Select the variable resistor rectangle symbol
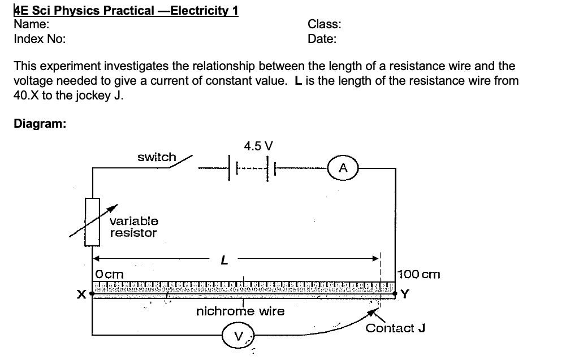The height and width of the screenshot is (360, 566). click(92, 222)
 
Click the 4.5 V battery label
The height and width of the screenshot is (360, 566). click(258, 146)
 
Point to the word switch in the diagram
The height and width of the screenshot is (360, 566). click(157, 157)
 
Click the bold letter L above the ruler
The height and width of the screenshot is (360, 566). click(224, 261)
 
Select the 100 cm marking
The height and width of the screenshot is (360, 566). click(419, 275)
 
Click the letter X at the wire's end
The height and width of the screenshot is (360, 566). click(81, 294)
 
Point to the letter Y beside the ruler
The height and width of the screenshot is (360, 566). click(405, 294)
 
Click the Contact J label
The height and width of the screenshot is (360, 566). click(395, 328)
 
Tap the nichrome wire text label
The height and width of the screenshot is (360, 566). click(240, 311)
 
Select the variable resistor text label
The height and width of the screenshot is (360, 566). click(134, 227)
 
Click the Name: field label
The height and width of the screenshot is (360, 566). click(31, 24)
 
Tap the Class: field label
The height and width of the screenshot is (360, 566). click(325, 24)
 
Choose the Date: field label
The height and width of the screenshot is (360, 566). click(322, 39)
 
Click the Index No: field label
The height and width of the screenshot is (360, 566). click(40, 39)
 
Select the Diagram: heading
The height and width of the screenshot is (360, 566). click(40, 124)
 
